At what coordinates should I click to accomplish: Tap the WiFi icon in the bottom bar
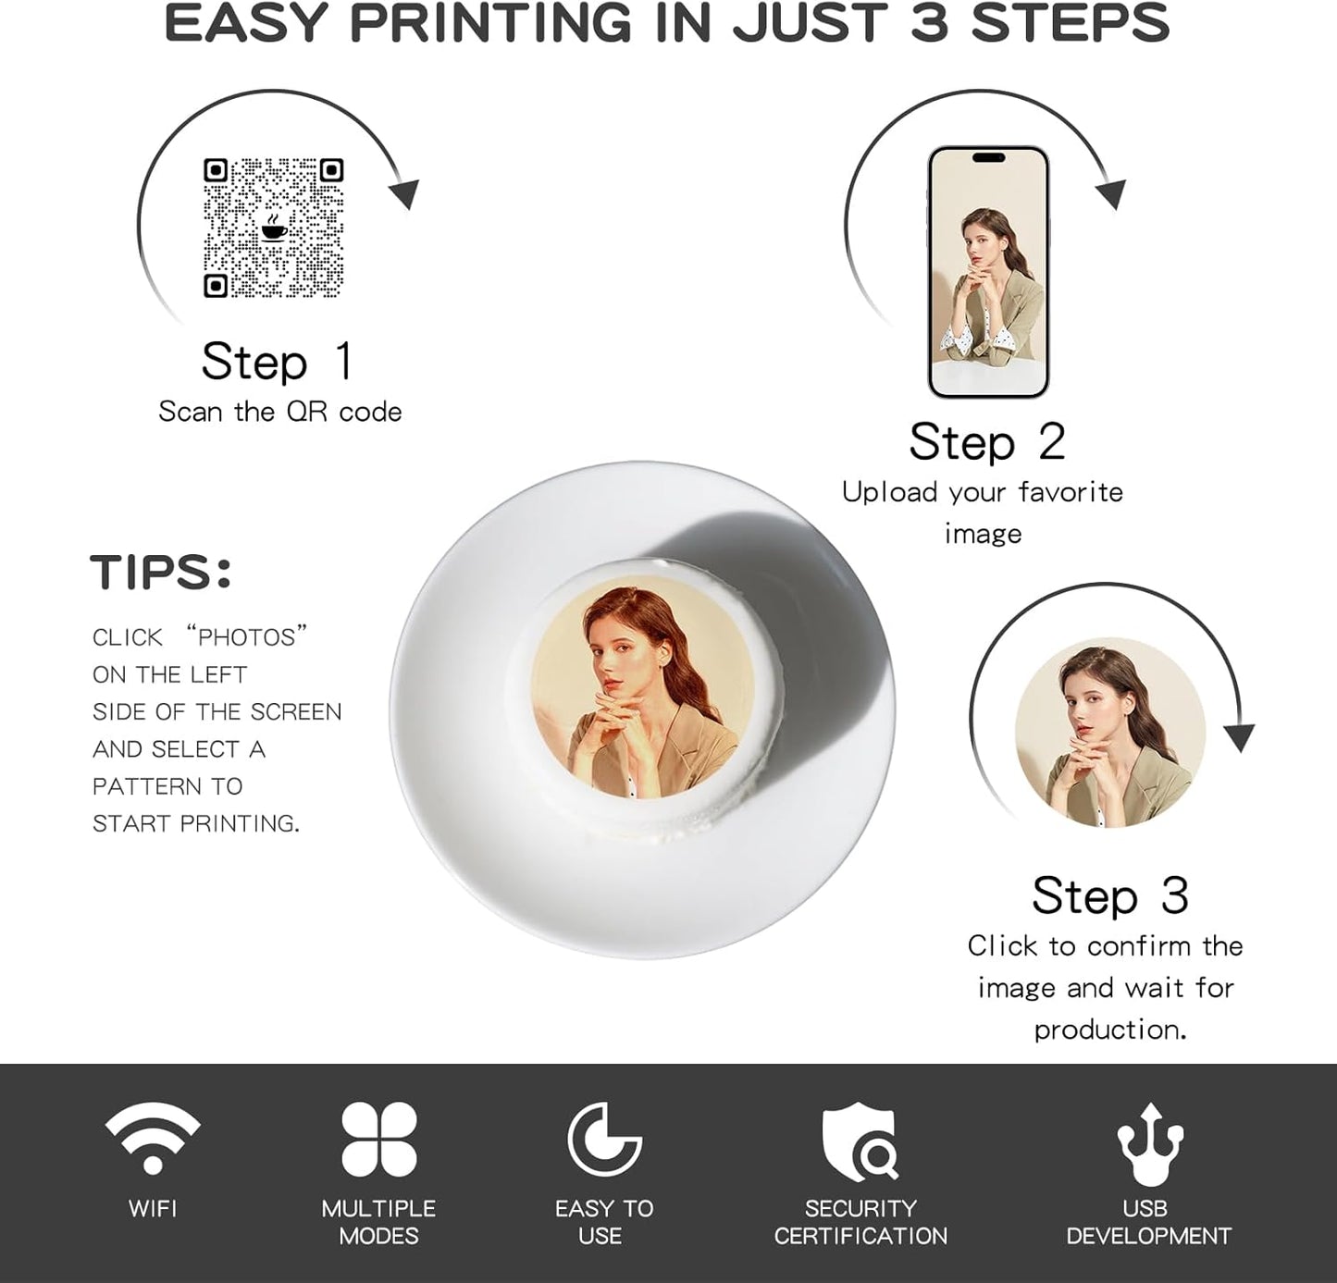(153, 1138)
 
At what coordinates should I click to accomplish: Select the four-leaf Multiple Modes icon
(379, 1139)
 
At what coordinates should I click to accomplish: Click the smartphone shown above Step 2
(988, 272)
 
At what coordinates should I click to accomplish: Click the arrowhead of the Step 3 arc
(1238, 737)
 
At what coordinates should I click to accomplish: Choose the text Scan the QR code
(280, 412)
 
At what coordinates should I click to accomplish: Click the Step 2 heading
(987, 441)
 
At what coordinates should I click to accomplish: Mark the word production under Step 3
(1108, 1029)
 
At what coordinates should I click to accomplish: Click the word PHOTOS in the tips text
(246, 637)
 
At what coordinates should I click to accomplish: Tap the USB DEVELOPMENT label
(1148, 1222)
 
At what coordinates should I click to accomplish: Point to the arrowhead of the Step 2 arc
(1110, 193)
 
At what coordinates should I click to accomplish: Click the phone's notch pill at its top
(989, 157)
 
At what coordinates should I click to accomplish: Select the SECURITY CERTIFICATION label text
(860, 1222)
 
